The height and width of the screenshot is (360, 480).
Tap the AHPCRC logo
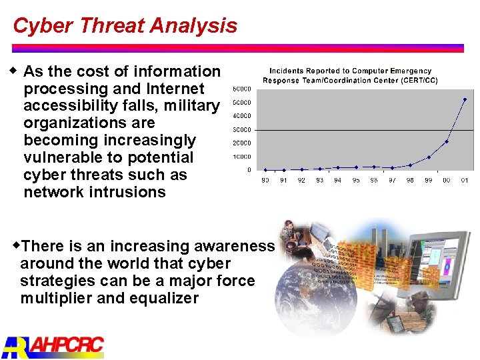coord(53,346)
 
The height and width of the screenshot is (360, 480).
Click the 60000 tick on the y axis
coord(241,89)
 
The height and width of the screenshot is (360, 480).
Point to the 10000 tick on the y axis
coord(241,157)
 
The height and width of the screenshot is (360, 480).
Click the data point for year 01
coord(465,100)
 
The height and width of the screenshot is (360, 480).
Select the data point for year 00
coord(447,141)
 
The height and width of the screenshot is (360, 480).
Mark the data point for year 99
coord(429,157)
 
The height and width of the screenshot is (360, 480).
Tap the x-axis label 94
coord(338,180)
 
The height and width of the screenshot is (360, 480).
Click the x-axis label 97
coord(392,180)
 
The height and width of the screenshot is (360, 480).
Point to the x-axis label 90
coord(265,180)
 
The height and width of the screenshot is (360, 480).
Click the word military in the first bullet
coord(193,106)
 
